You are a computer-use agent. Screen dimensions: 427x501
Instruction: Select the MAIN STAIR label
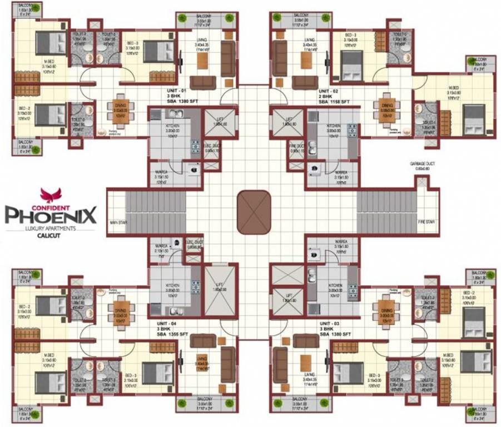click(118, 222)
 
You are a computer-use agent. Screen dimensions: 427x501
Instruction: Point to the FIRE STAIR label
click(426, 222)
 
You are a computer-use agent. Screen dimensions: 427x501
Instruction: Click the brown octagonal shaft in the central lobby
click(254, 212)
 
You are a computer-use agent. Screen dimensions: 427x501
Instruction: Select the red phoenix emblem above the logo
click(49, 195)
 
